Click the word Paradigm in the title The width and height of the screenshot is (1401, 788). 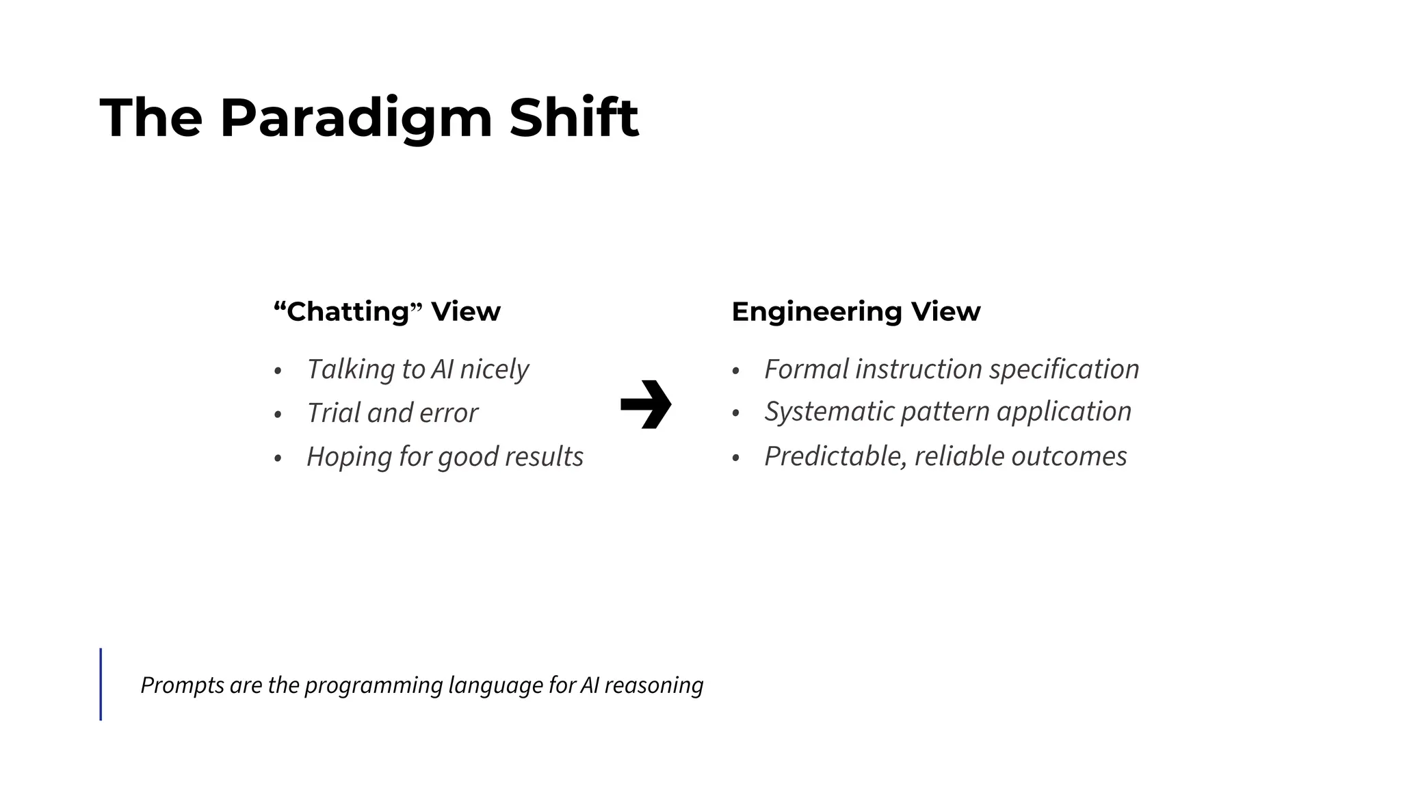point(356,119)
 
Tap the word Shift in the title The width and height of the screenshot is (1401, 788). point(573,118)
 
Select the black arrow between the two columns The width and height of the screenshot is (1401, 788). point(646,404)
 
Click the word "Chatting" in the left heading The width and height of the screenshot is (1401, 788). point(348,312)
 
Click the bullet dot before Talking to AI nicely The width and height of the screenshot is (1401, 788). point(278,371)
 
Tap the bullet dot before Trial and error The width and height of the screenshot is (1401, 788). point(278,415)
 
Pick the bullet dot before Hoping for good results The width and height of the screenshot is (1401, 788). point(278,458)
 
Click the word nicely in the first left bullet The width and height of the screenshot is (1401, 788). point(494,369)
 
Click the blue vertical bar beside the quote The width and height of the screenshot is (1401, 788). point(101,684)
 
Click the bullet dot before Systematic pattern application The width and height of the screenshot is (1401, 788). point(735,414)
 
